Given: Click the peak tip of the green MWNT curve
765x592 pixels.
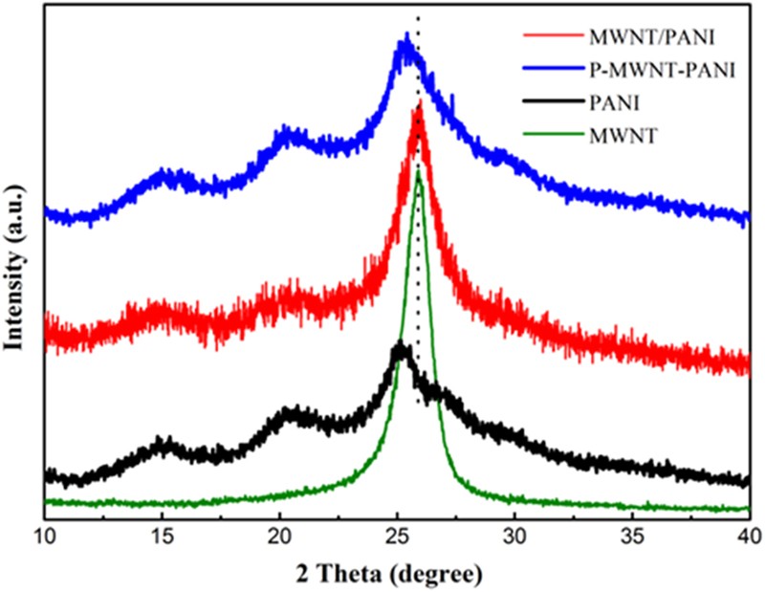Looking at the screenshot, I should pyautogui.click(x=418, y=171).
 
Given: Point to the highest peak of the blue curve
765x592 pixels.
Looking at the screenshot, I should pyautogui.click(x=406, y=36).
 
